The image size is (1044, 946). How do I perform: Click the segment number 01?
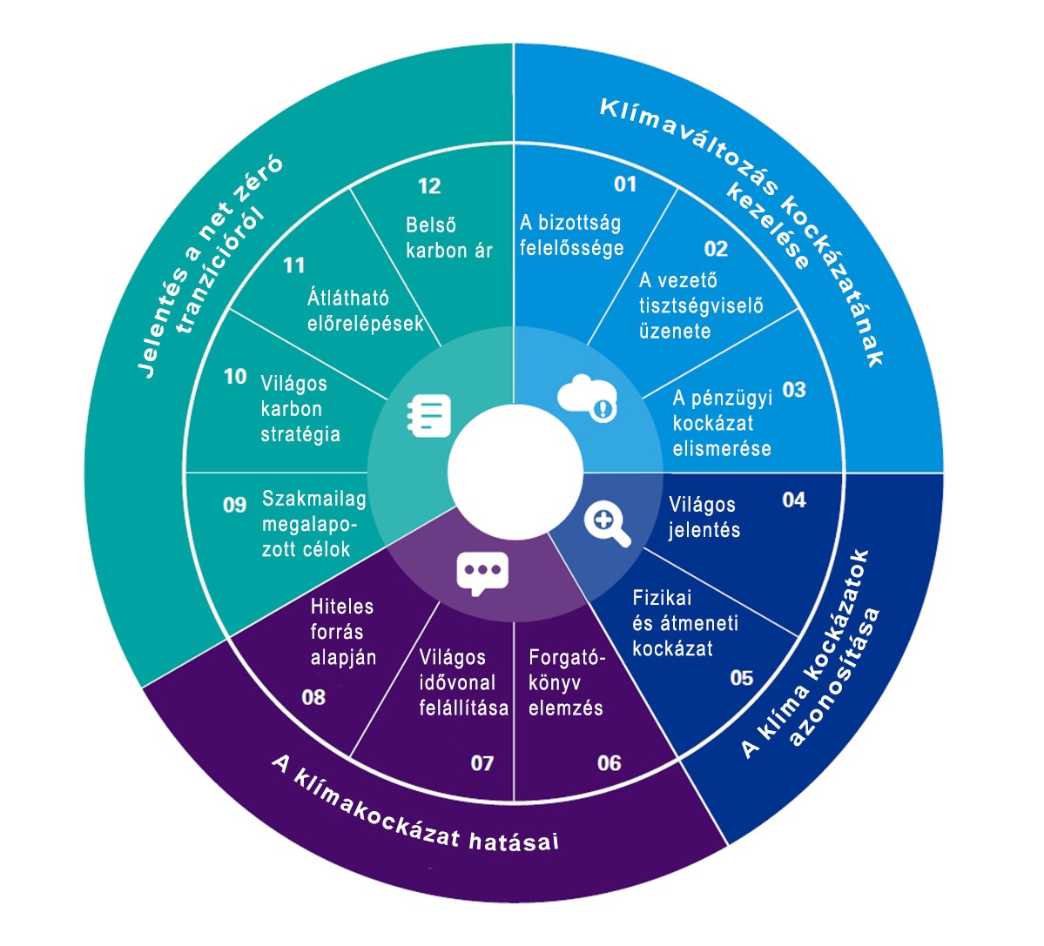coord(625,185)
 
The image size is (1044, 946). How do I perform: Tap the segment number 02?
coord(716,250)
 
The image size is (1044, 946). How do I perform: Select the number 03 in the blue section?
coord(794,390)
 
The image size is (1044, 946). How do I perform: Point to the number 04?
coord(794,500)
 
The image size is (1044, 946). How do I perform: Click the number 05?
coord(742,678)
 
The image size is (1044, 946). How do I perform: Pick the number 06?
coord(610,763)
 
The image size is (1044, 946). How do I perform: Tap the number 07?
coord(482,763)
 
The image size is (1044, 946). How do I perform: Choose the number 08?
coord(313,697)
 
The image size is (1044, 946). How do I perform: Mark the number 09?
coord(235,505)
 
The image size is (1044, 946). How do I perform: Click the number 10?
coord(235,377)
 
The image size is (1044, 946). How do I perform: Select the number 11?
coord(294,265)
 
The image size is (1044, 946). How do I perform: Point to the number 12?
coord(429,186)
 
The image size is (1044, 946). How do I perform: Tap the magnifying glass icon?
coord(607,523)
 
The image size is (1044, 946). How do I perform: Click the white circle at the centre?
coord(515,471)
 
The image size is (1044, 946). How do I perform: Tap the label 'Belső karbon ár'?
coord(448,238)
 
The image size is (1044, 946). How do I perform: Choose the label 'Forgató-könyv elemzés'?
coord(566,682)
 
